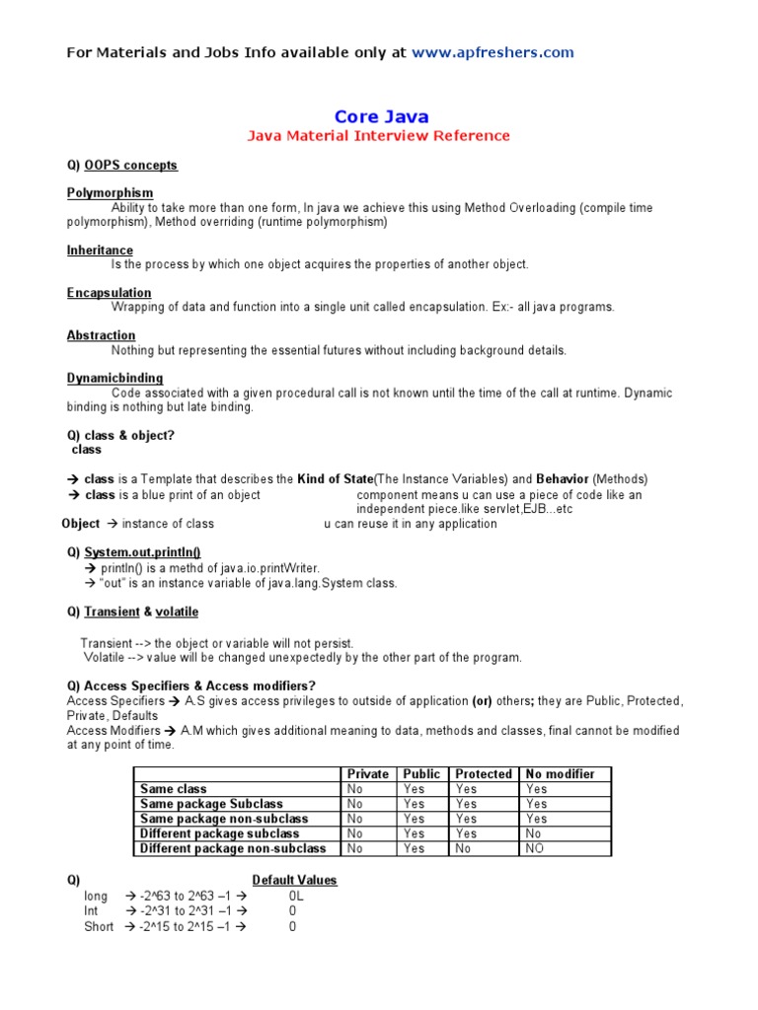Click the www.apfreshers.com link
click(x=493, y=52)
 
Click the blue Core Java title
click(x=380, y=117)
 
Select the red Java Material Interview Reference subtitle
click(x=379, y=136)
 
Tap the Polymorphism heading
click(x=110, y=192)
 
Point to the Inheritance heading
click(x=100, y=251)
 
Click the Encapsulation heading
click(x=109, y=293)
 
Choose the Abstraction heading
click(x=101, y=335)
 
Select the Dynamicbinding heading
click(x=114, y=378)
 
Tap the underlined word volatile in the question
click(x=177, y=612)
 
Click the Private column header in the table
click(x=368, y=774)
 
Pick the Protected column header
click(x=483, y=774)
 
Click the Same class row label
click(x=173, y=789)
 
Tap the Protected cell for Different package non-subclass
click(x=463, y=848)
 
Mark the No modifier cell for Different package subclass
click(x=534, y=833)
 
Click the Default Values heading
click(x=294, y=880)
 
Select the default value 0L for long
click(x=296, y=896)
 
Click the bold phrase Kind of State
click(x=339, y=479)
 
